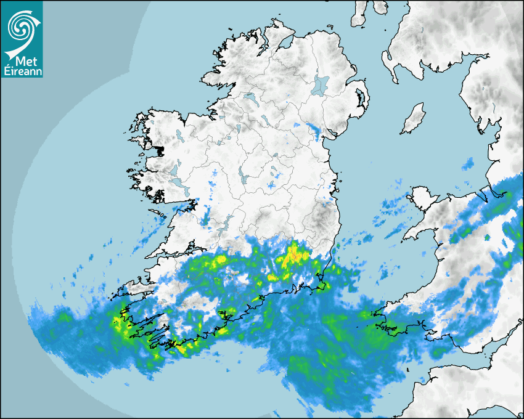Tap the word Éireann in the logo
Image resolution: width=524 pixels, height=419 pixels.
click(x=22, y=71)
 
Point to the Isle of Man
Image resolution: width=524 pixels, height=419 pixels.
click(x=413, y=119)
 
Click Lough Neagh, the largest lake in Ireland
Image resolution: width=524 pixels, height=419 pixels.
click(x=320, y=85)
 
